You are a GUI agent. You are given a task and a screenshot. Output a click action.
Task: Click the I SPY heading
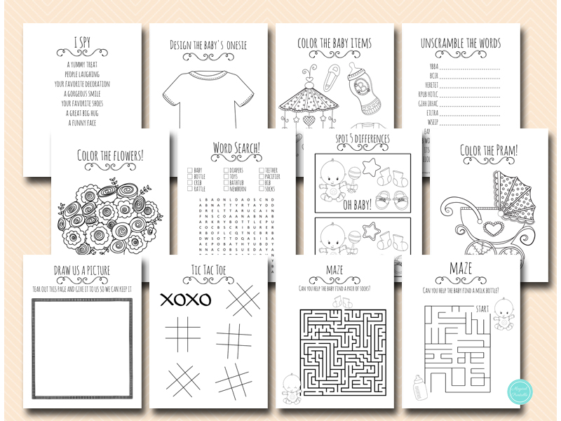tap(82, 44)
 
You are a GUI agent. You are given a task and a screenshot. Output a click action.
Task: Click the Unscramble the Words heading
tap(461, 44)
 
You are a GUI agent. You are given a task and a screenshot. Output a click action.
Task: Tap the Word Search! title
tap(236, 148)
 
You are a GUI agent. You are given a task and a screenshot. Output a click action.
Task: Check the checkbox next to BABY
tap(190, 171)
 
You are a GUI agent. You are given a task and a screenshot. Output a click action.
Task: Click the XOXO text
tap(186, 300)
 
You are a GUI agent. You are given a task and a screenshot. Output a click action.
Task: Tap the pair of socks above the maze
tap(345, 300)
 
